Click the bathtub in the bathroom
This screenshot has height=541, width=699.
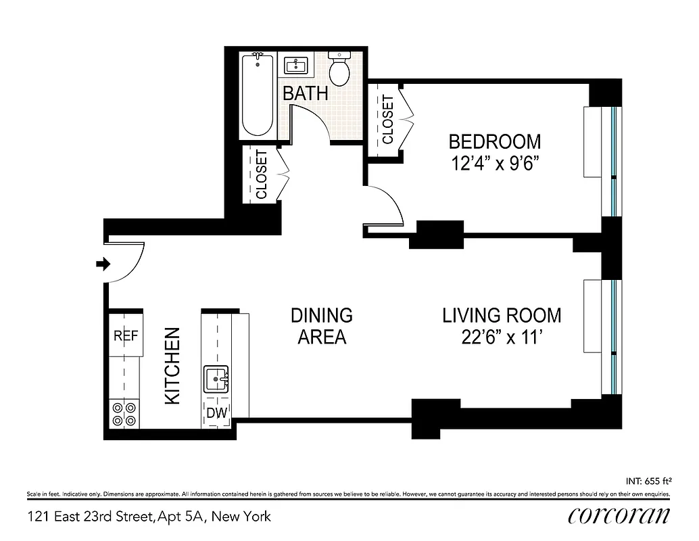coord(258,95)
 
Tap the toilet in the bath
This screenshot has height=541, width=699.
coord(338,70)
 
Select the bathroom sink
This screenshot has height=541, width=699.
coord(295,66)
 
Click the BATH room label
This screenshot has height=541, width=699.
coord(305,93)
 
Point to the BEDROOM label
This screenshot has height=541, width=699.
coord(495,142)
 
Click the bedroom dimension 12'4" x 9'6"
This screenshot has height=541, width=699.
coord(495,164)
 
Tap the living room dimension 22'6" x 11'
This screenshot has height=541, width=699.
coord(501,337)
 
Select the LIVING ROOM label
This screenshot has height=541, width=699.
coord(501,315)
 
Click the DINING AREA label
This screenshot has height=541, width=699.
coord(322,326)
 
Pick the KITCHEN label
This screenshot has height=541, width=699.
coord(173,366)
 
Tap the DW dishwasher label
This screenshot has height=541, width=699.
coord(216,413)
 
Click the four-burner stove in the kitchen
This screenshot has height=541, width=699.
coord(124,414)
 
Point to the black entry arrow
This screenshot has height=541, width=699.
coord(103,264)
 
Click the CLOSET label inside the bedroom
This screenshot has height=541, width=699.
coord(388,120)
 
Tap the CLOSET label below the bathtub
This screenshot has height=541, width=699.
coord(262,174)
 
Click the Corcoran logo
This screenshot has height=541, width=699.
coord(619,516)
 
